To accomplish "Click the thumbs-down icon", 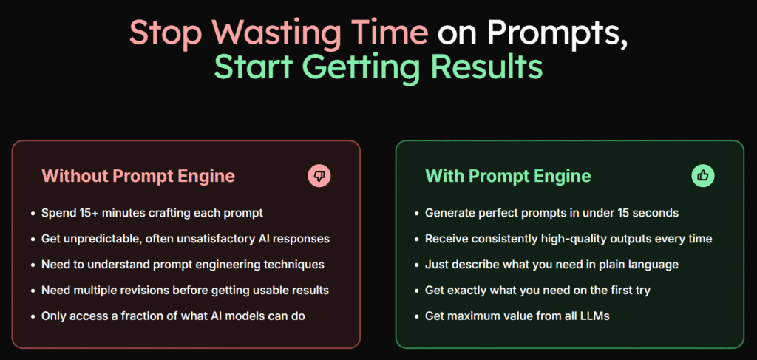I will click(319, 175).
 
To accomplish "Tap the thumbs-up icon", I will click(703, 175).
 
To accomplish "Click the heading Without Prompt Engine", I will click(138, 176).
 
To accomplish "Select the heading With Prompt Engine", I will click(508, 176).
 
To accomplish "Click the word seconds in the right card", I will click(656, 213).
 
